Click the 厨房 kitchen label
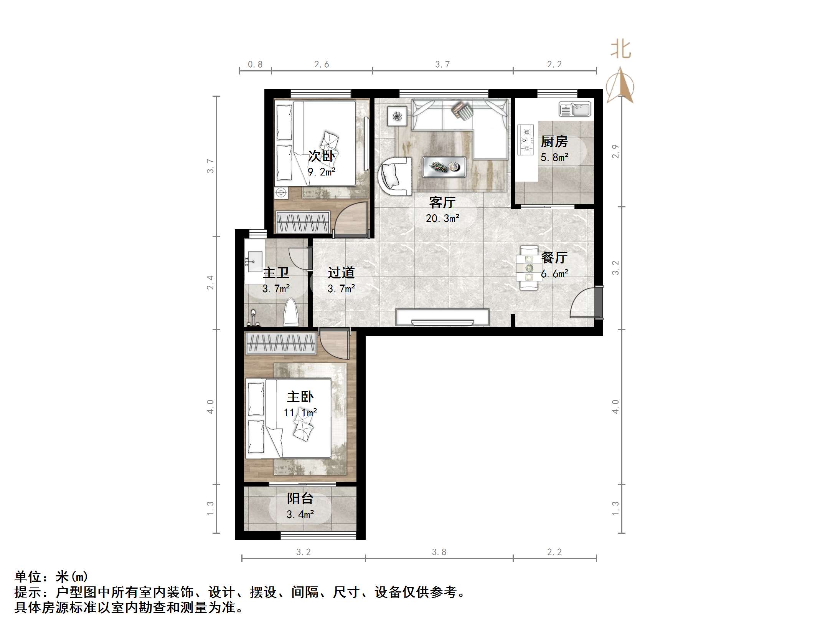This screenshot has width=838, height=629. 554,142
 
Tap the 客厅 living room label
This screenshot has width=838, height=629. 442,202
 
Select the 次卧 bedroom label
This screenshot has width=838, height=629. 322,156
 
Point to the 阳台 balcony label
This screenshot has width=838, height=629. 300,498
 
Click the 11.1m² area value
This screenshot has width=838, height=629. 300,413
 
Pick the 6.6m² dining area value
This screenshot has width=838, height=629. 554,274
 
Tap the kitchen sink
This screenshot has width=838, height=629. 575,109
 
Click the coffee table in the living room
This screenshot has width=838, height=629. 444,167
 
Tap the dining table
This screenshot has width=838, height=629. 529,268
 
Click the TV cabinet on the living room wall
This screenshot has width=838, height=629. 442,317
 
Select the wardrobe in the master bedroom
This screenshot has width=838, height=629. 281,343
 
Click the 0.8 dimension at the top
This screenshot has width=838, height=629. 255,65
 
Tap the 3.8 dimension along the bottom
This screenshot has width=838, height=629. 439,552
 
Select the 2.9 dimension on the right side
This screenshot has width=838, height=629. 615,151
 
